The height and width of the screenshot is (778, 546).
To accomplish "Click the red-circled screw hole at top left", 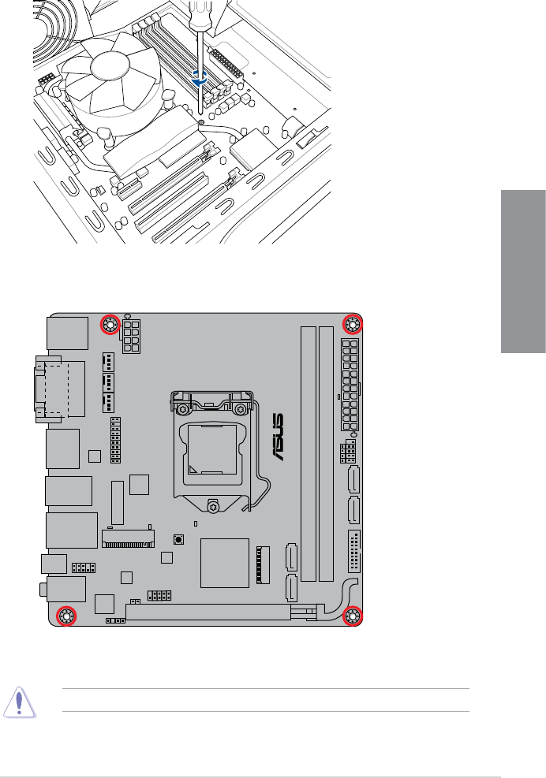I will [110, 325].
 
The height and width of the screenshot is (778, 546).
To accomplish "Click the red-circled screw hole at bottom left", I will [65, 616].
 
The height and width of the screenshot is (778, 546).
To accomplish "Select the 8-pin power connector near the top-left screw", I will [131, 337].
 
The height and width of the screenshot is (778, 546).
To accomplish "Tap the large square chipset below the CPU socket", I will [225, 563].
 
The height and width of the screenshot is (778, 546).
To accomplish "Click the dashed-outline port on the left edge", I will [52, 386].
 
